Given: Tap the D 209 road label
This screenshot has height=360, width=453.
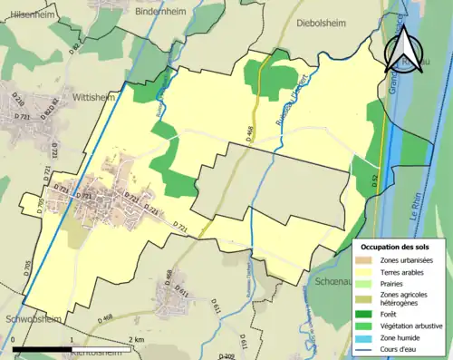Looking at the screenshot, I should pyautogui.click(x=228, y=357).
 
